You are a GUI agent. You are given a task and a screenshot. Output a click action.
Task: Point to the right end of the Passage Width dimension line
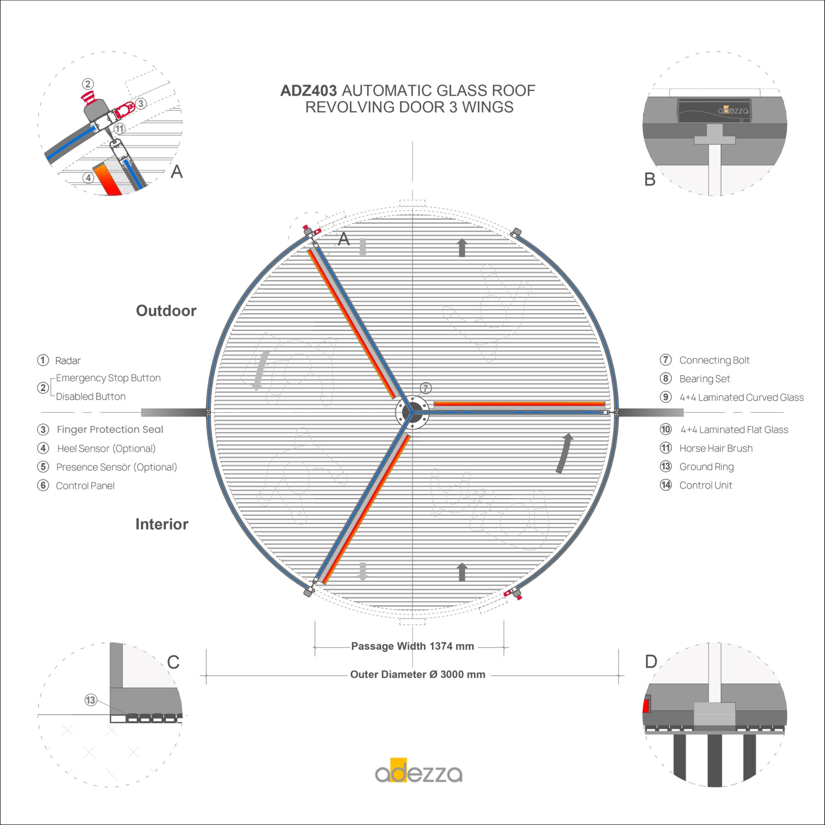(x=504, y=647)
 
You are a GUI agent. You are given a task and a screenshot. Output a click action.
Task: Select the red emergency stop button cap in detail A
(x=88, y=96)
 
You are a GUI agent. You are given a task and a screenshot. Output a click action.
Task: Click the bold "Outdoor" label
(x=166, y=311)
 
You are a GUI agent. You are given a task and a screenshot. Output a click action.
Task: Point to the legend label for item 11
(x=716, y=448)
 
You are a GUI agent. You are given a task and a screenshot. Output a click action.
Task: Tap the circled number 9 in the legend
(x=665, y=397)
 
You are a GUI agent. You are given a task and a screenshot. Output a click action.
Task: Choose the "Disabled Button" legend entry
(x=91, y=397)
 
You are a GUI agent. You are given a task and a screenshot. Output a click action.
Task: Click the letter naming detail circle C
(x=173, y=663)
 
